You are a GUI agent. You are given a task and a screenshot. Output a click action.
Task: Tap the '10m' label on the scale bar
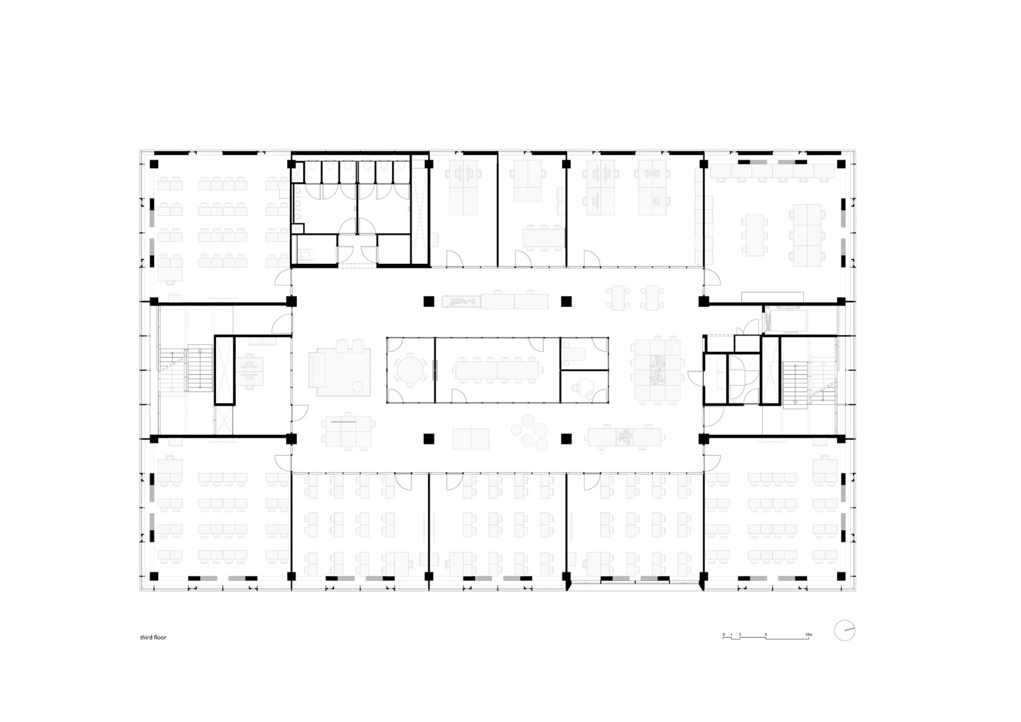pyautogui.click(x=809, y=635)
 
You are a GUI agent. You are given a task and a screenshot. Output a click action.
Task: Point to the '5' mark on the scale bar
pyautogui.click(x=766, y=635)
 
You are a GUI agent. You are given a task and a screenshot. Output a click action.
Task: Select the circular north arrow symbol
pyautogui.click(x=845, y=630)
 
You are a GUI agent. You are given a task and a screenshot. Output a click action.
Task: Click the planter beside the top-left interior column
pyautogui.click(x=461, y=301)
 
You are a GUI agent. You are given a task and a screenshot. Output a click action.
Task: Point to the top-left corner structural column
pyautogui.click(x=154, y=164)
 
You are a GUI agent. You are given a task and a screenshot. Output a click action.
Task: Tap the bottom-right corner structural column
pyautogui.click(x=840, y=576)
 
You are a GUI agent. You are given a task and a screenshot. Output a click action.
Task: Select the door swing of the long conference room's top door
pyautogui.click(x=535, y=344)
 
